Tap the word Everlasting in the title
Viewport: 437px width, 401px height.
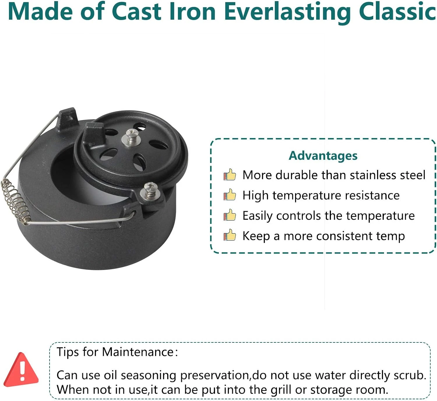tap(288, 13)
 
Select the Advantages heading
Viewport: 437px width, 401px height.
tap(323, 156)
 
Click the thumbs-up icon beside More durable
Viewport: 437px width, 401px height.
tap(230, 175)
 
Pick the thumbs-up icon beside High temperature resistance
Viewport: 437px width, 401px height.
tap(230, 195)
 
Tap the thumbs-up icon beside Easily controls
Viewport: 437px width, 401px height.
tap(230, 215)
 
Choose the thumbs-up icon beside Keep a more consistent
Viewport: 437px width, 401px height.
tap(230, 235)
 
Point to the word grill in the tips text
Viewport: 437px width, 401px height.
tap(281, 390)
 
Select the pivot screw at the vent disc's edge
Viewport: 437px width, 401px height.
tap(150, 191)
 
